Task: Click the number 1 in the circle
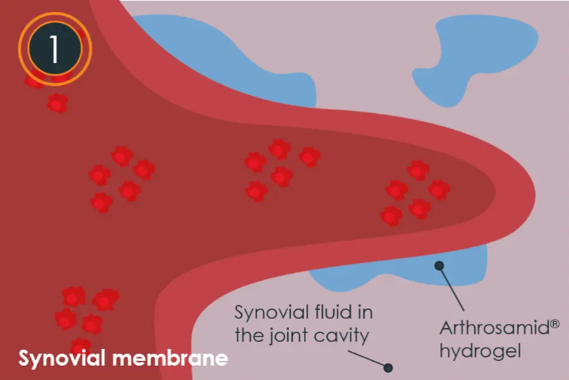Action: [54, 49]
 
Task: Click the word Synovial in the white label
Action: [63, 358]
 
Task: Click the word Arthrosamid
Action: [488, 327]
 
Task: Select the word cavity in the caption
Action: [343, 335]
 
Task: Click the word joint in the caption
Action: [291, 335]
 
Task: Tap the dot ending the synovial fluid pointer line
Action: [388, 368]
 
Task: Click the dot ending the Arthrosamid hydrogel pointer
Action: [437, 266]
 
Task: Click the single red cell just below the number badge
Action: [57, 103]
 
